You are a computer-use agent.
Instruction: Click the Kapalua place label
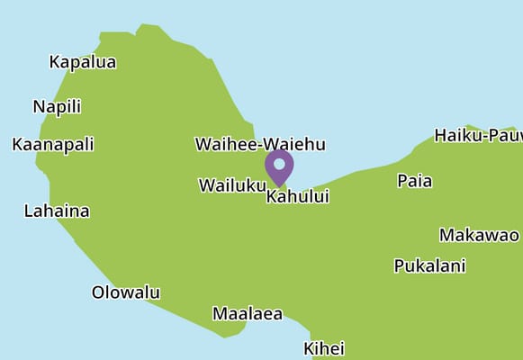[82, 62]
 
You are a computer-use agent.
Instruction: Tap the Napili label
[57, 106]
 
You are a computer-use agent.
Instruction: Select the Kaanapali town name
[53, 144]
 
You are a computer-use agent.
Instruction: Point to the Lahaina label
[57, 211]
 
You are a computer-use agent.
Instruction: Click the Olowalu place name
[126, 292]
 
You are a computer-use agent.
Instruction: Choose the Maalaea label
[248, 314]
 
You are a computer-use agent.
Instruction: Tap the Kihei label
[324, 348]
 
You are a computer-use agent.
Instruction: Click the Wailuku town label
[231, 185]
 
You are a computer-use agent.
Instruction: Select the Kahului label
[298, 196]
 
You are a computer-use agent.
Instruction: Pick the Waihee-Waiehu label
[260, 144]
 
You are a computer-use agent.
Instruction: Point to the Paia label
[415, 181]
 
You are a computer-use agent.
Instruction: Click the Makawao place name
[479, 235]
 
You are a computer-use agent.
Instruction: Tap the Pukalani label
[429, 265]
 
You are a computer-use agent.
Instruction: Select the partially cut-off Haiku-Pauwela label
[478, 136]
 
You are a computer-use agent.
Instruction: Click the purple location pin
[279, 167]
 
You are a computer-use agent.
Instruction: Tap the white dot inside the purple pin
[279, 165]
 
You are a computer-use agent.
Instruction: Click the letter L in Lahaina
[28, 211]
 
